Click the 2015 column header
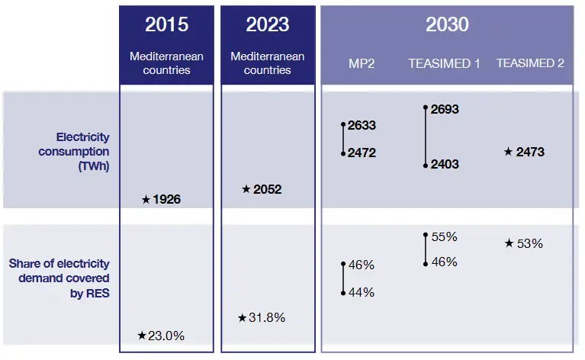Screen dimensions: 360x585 tap(166, 24)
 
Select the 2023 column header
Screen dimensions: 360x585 tap(267, 24)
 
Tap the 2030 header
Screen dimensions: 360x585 tap(447, 24)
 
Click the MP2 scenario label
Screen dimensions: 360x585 tap(361, 63)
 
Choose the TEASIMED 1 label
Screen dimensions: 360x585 tap(444, 63)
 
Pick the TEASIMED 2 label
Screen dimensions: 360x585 tap(530, 63)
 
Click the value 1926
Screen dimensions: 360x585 tap(167, 200)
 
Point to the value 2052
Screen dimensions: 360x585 tap(268, 189)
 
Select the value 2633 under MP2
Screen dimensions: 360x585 tap(362, 126)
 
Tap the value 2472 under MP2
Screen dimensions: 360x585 tap(362, 153)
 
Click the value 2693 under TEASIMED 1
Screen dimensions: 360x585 tap(445, 109)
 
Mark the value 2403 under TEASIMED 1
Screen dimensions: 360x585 tap(445, 164)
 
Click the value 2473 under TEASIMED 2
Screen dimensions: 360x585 tap(530, 152)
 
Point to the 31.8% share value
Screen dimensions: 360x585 tap(267, 318)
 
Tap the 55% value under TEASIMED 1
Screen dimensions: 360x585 tap(444, 237)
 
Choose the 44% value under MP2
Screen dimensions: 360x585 tap(361, 292)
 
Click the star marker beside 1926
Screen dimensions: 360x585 tap(146, 200)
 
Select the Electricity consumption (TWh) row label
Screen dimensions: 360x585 tap(82, 152)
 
